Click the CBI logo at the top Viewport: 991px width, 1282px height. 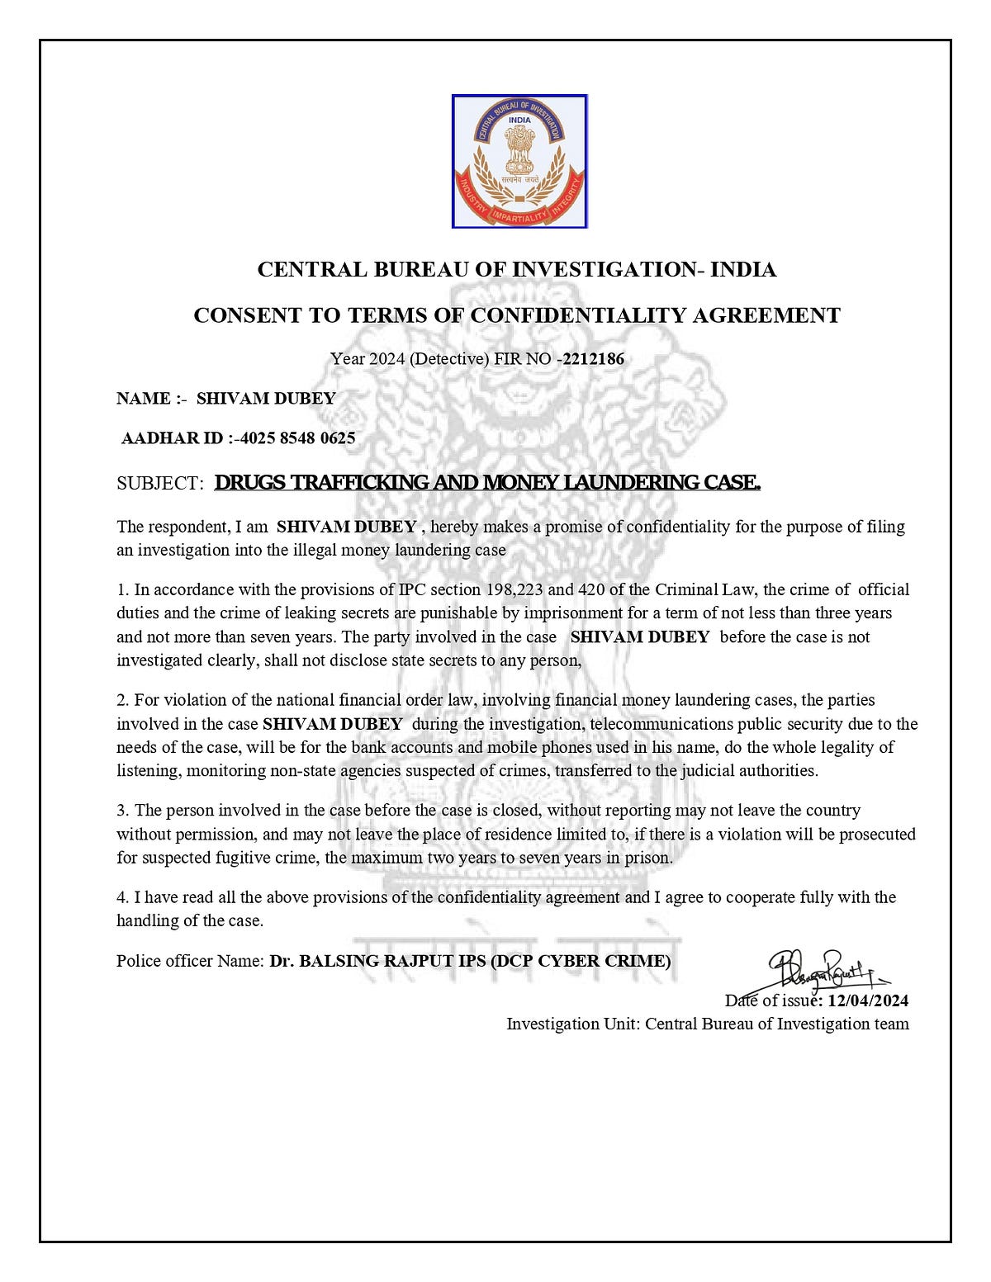[519, 161]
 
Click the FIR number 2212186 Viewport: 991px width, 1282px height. [593, 359]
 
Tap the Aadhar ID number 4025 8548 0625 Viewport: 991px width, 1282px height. [297, 438]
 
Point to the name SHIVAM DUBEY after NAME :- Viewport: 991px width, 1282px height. [266, 399]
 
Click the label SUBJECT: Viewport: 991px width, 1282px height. [159, 484]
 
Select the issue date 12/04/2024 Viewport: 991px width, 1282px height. [868, 1001]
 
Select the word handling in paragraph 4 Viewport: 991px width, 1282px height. [148, 920]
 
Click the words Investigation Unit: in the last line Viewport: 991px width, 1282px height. [572, 1024]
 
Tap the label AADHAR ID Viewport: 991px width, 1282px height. [172, 438]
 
